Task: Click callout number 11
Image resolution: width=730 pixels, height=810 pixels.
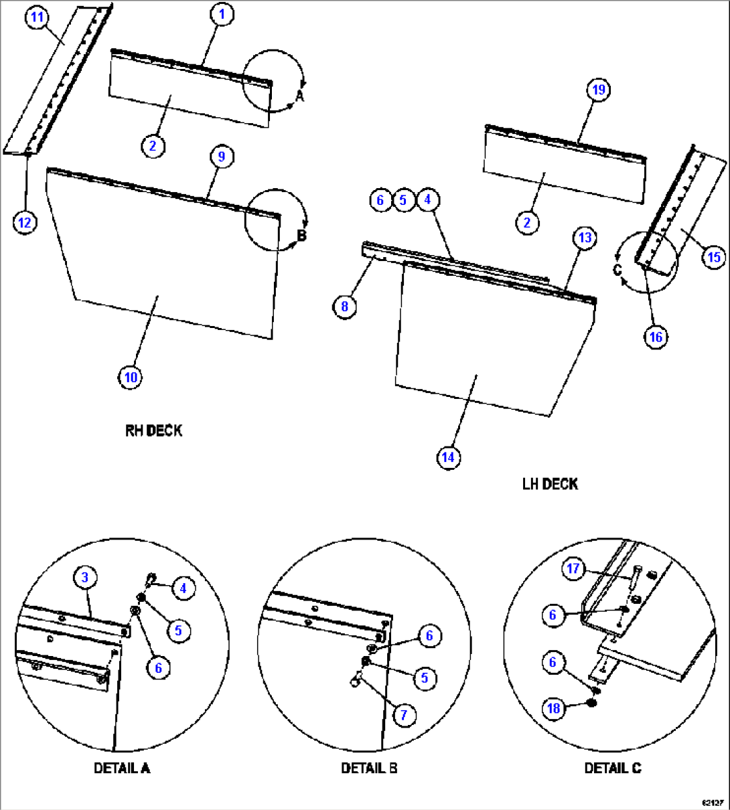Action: [37, 17]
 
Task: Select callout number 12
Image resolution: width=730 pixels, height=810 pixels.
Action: [25, 222]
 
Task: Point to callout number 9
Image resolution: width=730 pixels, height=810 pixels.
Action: [222, 157]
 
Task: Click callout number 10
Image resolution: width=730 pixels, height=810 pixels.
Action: [131, 378]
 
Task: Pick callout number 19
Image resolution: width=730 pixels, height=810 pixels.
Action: [598, 90]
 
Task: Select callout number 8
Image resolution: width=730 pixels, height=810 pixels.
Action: [344, 307]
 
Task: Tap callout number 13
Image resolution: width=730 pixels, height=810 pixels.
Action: [585, 238]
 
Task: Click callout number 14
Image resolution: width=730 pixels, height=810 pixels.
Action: [448, 458]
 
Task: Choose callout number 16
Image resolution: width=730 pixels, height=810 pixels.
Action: [656, 337]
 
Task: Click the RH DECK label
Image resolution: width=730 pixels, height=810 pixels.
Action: [153, 430]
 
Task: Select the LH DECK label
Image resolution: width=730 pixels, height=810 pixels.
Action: [550, 484]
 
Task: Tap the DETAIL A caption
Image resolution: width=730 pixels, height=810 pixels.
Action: [122, 768]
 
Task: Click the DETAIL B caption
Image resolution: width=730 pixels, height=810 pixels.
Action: [369, 768]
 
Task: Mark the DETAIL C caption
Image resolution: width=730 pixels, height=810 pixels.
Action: [612, 768]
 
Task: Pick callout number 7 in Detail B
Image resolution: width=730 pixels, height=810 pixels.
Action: [404, 715]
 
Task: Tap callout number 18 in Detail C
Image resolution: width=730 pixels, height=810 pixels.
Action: [554, 709]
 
